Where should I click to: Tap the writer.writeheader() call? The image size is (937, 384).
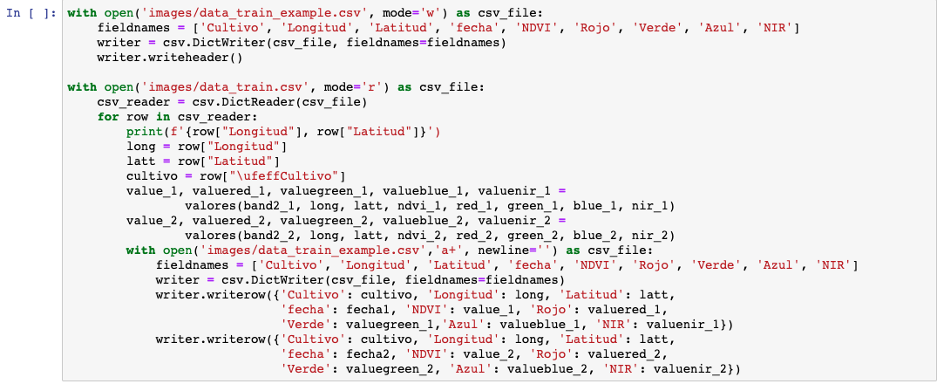(171, 58)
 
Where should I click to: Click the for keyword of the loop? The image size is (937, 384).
(108, 117)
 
